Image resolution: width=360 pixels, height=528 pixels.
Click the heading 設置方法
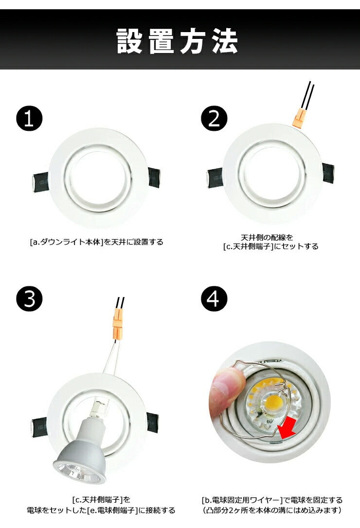(x=177, y=41)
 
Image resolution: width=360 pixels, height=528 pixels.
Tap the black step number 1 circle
(x=29, y=119)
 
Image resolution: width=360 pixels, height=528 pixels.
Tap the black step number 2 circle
(x=214, y=119)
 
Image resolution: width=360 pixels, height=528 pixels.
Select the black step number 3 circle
(x=29, y=299)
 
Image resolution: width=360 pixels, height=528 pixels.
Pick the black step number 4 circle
(x=214, y=299)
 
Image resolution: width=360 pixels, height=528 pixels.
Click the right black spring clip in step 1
(x=154, y=177)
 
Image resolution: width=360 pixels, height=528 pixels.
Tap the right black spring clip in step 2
(x=328, y=173)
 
